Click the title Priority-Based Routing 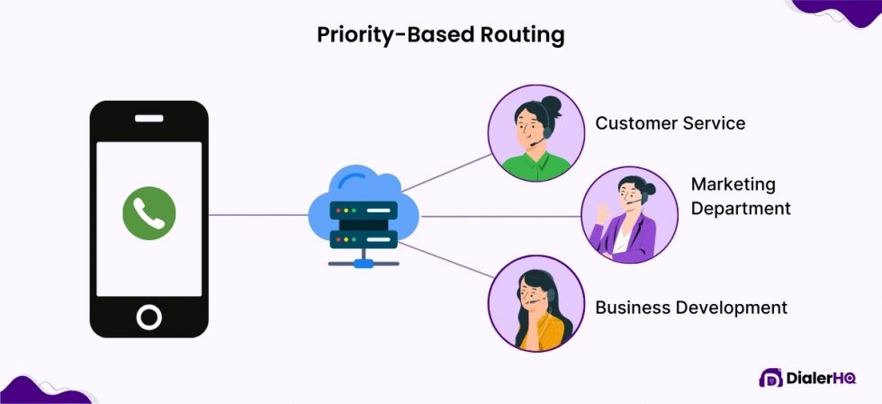coord(440,35)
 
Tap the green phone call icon coord(149,213)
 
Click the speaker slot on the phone coord(149,118)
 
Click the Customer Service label coord(670,123)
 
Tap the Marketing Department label coord(740,196)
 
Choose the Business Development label coord(690,308)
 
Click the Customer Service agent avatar coord(531,134)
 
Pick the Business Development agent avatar coord(531,303)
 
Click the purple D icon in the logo coord(770,378)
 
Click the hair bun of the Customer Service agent coord(551,106)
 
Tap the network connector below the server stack coord(363,262)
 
